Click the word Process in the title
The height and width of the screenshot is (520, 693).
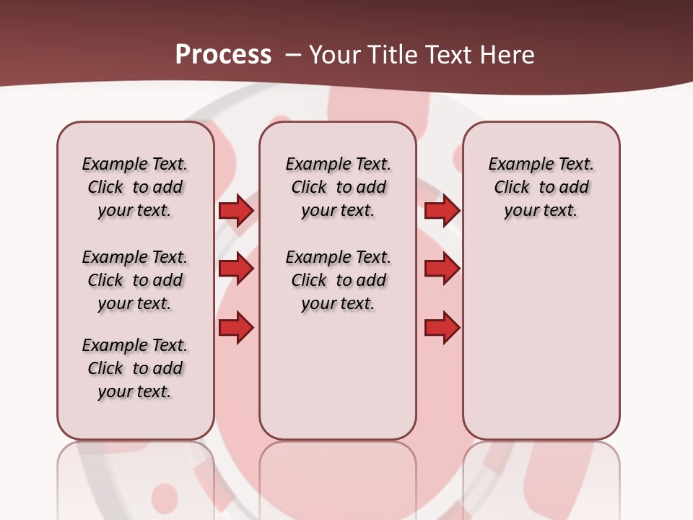(223, 54)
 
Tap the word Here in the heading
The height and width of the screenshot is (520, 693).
(508, 55)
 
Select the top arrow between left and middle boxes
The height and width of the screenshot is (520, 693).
(236, 211)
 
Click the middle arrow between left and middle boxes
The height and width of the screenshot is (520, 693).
(236, 269)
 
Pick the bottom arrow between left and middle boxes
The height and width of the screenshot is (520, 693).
(236, 328)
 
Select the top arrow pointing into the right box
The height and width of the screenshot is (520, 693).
(442, 211)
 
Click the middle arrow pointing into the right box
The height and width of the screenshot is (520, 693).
(442, 269)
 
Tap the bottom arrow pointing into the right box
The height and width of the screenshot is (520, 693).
(442, 328)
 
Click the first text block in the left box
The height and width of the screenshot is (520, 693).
(135, 187)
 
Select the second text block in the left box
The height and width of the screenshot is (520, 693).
(135, 280)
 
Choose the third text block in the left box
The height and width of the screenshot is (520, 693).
(135, 368)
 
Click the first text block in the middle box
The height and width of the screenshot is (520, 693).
(338, 187)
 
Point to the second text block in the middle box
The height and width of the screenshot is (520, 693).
(338, 280)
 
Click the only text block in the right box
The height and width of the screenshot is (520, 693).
(541, 187)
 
